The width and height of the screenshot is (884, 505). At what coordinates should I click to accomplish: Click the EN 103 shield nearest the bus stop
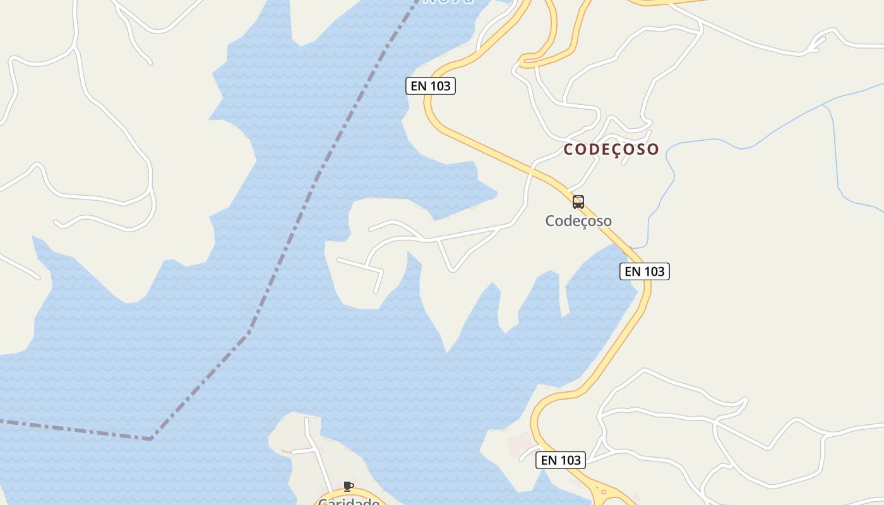click(x=645, y=271)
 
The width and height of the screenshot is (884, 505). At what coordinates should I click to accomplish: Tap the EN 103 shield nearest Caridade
click(x=561, y=460)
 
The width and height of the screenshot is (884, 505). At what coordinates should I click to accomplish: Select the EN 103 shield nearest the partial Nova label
click(x=431, y=86)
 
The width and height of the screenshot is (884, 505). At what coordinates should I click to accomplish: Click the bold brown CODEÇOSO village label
click(x=611, y=150)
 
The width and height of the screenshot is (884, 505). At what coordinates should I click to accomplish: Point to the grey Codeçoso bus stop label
click(x=578, y=221)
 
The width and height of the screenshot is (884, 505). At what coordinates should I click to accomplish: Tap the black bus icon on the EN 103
click(x=578, y=202)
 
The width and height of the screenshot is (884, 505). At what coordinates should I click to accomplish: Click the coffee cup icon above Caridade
click(x=348, y=486)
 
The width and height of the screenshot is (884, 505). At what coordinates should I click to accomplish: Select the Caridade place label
click(x=349, y=501)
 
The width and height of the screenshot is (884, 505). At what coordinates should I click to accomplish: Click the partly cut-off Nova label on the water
click(x=448, y=2)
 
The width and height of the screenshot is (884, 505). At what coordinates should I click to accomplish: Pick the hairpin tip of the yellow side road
click(x=522, y=61)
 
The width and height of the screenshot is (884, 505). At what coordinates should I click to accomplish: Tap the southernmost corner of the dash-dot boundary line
click(x=150, y=437)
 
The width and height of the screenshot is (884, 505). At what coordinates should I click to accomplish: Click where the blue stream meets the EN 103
click(x=633, y=247)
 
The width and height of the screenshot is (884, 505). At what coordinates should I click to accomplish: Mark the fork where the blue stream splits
click(x=824, y=106)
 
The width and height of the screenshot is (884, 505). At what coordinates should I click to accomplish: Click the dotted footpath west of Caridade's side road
click(x=287, y=452)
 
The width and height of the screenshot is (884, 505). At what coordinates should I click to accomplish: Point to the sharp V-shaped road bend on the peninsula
click(x=452, y=270)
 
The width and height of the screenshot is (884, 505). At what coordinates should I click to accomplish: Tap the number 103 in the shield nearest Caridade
click(x=570, y=460)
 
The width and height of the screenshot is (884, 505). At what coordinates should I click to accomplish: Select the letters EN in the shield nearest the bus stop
click(x=633, y=271)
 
